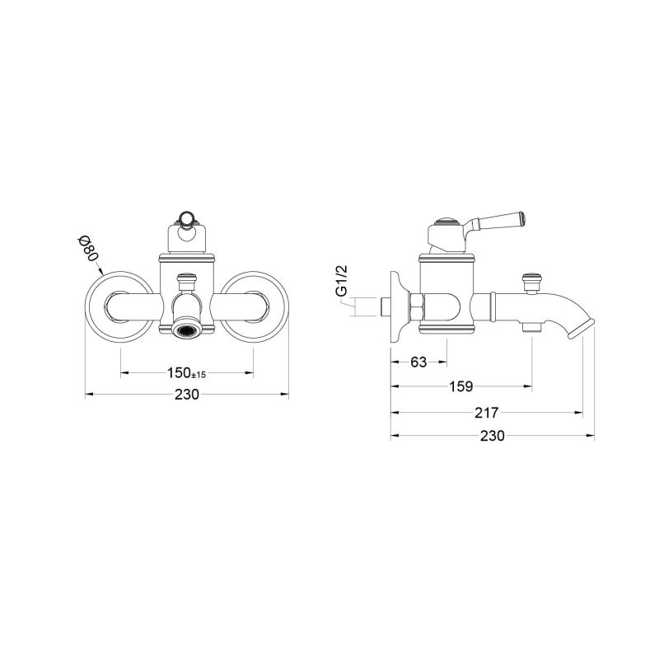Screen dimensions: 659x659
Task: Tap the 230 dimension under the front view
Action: pyautogui.click(x=187, y=395)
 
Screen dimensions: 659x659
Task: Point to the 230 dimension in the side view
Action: pyautogui.click(x=491, y=436)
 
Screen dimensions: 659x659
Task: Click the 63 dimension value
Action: pyautogui.click(x=418, y=362)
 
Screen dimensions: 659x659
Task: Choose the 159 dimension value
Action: pyautogui.click(x=460, y=386)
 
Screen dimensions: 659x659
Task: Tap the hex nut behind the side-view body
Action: pyautogui.click(x=415, y=307)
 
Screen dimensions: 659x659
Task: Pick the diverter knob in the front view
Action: pyautogui.click(x=187, y=281)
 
